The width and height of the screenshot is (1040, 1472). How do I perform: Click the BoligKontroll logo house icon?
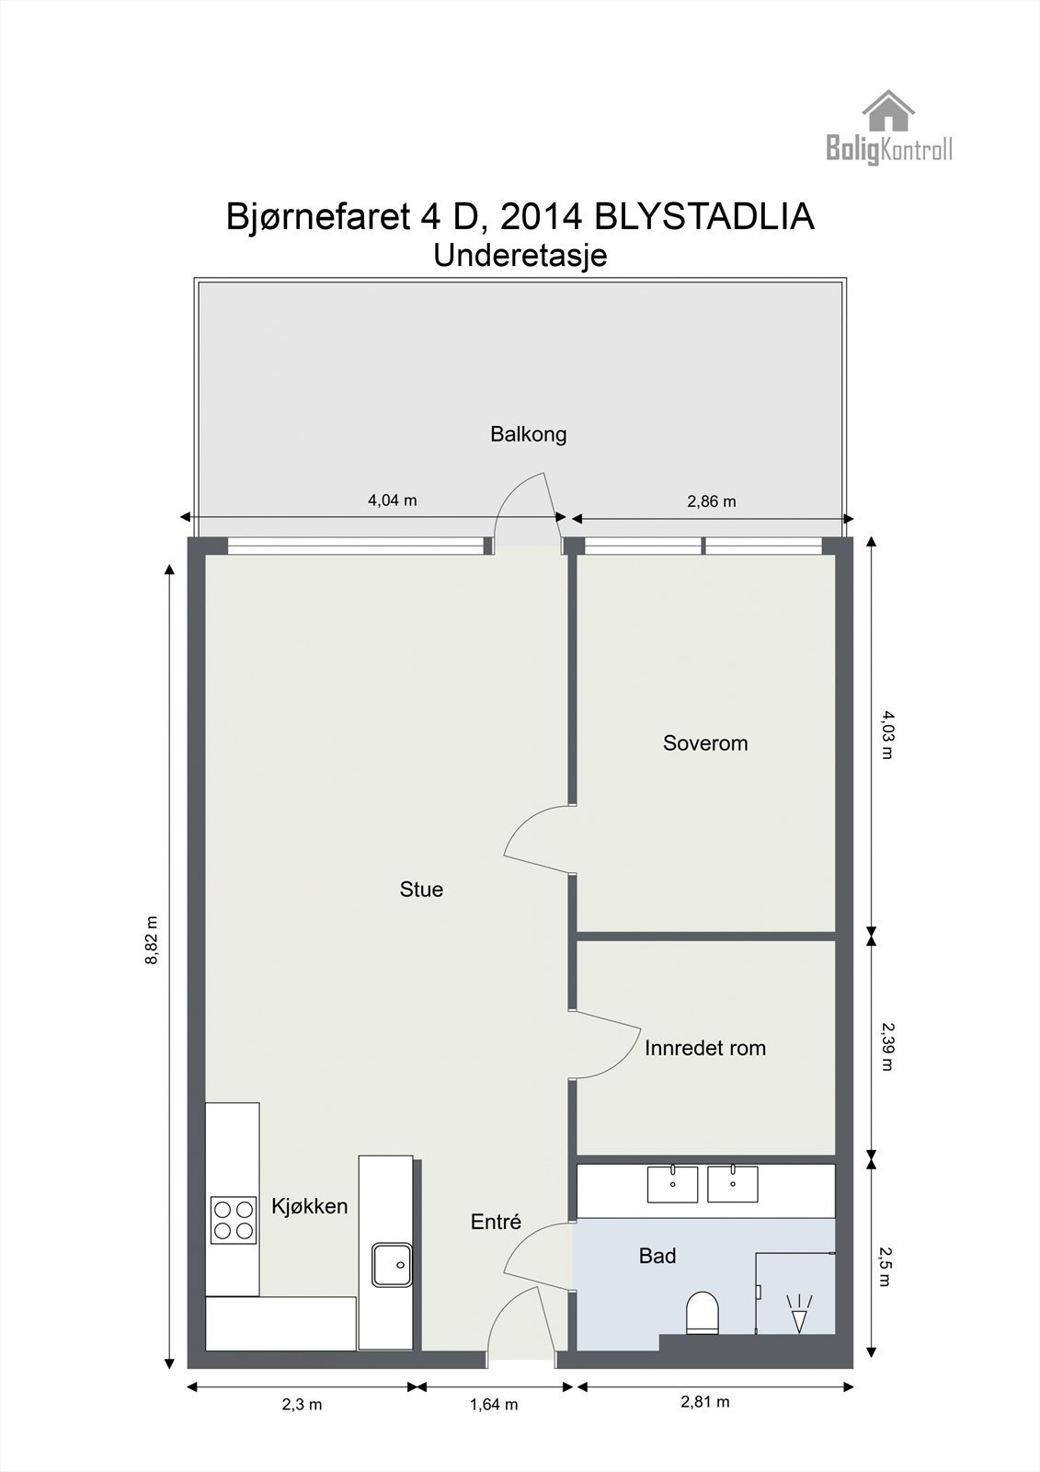point(888,110)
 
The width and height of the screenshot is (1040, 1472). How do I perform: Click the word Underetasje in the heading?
point(520,255)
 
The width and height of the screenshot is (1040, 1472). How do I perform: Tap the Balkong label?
point(528,433)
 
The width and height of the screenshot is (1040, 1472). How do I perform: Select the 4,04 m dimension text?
point(393,500)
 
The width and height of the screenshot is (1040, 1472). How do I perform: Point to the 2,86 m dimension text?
point(712,501)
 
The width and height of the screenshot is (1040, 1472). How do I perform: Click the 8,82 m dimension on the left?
point(152,939)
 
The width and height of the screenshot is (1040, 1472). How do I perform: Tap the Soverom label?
point(705,742)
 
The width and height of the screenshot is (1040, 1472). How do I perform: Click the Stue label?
point(421,889)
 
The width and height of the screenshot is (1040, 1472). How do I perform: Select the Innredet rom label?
point(705,1048)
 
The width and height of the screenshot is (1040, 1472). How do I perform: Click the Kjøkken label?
point(309,1205)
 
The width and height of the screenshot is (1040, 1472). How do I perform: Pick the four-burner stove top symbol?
point(234,1219)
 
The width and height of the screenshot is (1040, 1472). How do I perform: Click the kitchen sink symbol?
point(392,1265)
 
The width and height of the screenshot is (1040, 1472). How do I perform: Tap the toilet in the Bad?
point(703,1312)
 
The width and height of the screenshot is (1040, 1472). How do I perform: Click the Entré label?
point(496,1221)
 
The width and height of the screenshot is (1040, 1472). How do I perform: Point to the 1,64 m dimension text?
point(494,1404)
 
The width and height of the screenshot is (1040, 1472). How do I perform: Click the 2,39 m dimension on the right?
point(886,1046)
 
